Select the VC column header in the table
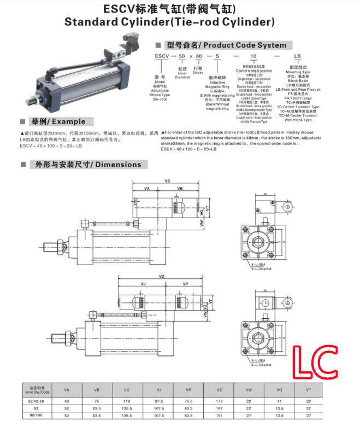126,389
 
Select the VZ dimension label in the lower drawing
162,277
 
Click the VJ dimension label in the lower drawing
143,284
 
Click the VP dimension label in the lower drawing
185,284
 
